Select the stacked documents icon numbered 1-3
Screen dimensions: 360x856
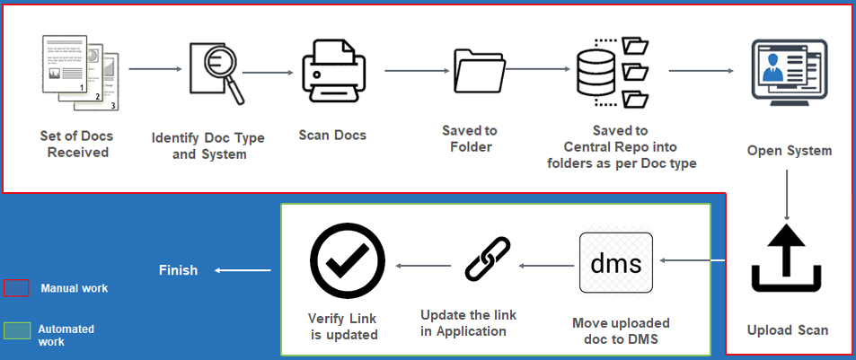80,72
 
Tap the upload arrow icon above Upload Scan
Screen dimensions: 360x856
787,261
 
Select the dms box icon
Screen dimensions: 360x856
616,263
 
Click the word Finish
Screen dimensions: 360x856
178,270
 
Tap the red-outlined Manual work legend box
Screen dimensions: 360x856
17,288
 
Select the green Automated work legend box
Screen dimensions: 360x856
17,332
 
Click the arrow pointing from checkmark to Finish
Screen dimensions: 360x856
243,270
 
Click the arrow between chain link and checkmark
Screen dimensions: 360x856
423,265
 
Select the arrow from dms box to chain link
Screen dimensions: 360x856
547,265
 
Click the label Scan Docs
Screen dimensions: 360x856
332,136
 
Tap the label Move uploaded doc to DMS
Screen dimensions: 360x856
621,330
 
